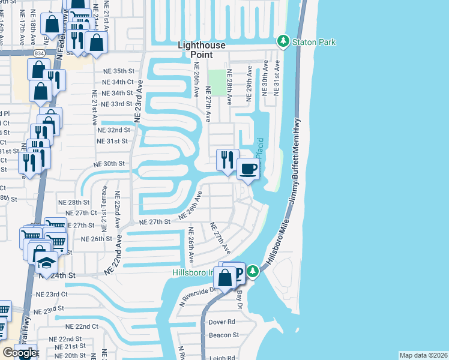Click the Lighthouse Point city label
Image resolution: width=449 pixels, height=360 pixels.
point(201,50)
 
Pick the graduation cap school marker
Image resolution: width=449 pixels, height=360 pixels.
point(46,263)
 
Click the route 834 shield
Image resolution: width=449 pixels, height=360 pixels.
point(38,53)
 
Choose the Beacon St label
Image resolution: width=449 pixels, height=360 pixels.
point(223,335)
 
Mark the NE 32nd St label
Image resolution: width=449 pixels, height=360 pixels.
point(113,130)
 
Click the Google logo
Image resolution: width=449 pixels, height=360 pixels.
point(20,353)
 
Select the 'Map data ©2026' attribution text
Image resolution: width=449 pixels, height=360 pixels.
point(423,355)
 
